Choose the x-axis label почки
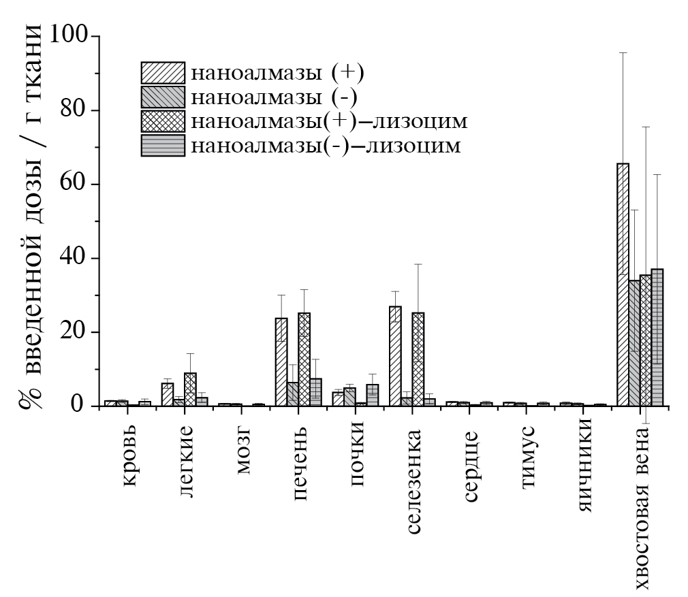click(x=359, y=455)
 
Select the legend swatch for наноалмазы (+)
click(x=163, y=72)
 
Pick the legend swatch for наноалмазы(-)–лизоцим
click(x=163, y=146)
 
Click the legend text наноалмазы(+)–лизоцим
click(x=329, y=121)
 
